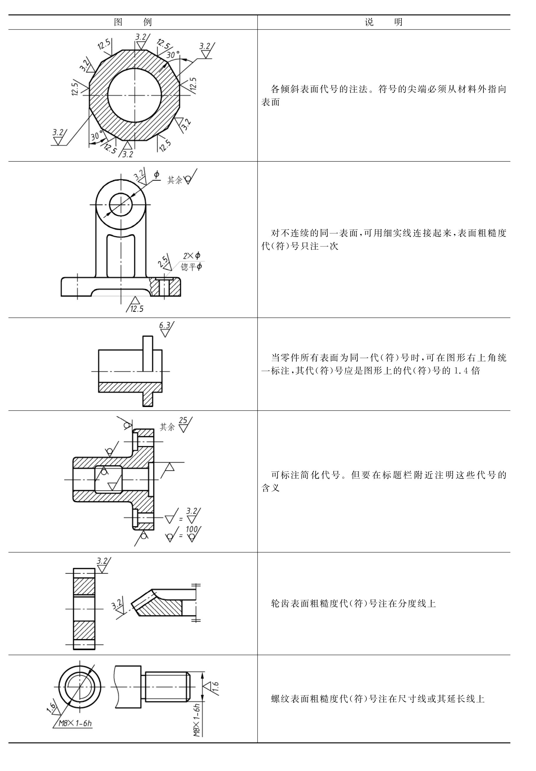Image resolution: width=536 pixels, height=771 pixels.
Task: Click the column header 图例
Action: [x=133, y=22]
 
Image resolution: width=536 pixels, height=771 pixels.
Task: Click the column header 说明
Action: [x=384, y=22]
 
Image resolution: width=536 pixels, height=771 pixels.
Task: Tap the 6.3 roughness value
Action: [x=164, y=325]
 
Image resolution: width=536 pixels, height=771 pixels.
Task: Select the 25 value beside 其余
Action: [x=183, y=420]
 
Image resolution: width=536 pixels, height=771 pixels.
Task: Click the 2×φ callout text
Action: [x=192, y=256]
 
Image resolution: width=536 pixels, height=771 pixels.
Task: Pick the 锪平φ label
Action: [x=192, y=267]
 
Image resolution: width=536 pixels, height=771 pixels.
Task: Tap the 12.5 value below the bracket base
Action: [x=137, y=309]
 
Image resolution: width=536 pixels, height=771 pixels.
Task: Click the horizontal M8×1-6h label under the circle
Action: [x=75, y=723]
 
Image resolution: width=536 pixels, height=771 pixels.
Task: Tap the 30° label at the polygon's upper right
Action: [x=173, y=55]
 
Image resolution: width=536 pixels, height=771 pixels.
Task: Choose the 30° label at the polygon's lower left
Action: [x=97, y=136]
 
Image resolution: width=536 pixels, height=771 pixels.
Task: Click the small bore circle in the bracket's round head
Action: [x=121, y=205]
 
